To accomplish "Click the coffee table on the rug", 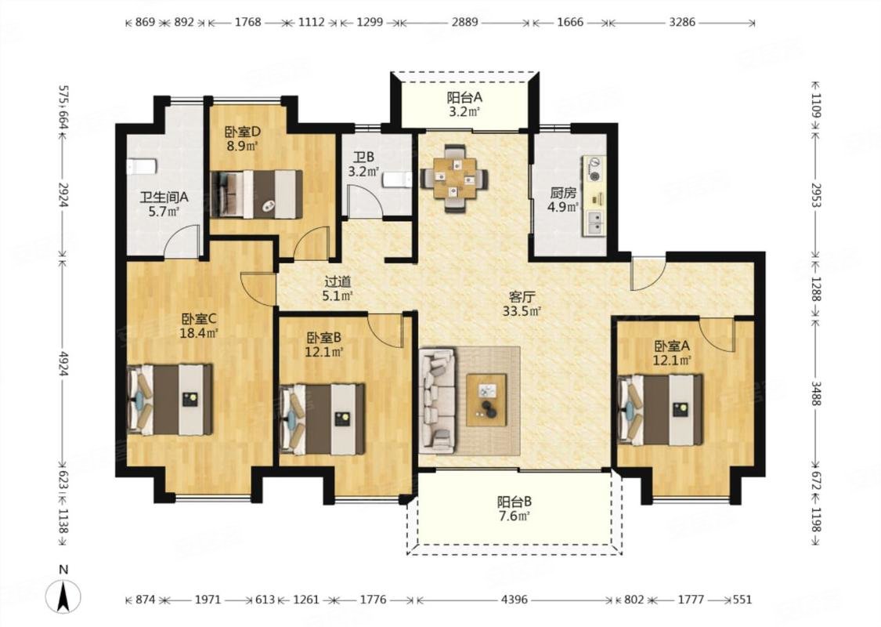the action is click(486, 399).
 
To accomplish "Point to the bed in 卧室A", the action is click(660, 409).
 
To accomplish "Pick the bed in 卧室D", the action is click(256, 194).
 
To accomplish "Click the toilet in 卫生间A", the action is click(140, 166).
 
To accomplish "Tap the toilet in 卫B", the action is click(398, 180).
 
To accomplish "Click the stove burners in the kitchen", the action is click(594, 169).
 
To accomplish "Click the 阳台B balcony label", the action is click(514, 501).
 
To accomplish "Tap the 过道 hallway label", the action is click(338, 281).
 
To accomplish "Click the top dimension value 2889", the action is click(464, 23).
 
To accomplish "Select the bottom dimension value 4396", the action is click(514, 600).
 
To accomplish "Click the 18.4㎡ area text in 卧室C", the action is click(199, 332).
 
